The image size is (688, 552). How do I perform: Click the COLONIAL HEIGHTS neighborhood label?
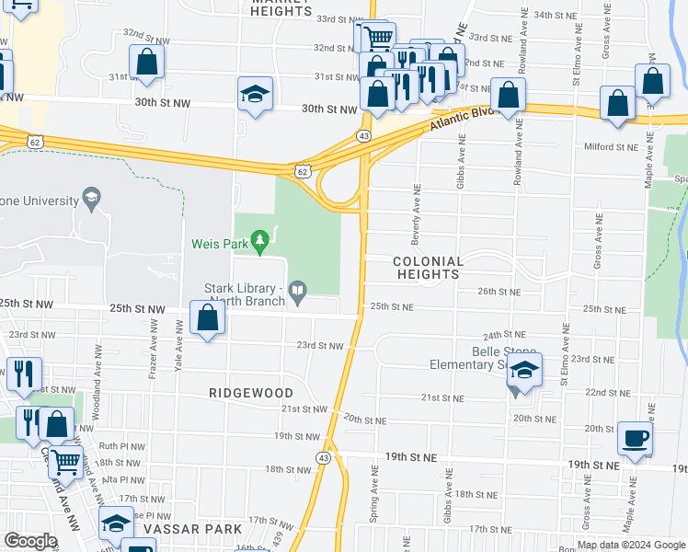[x=426, y=268]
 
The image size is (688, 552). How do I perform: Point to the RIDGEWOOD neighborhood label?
[x=250, y=393]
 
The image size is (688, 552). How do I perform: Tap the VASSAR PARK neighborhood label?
[x=199, y=530]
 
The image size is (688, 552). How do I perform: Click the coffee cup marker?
[x=634, y=438]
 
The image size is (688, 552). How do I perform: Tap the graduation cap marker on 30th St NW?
[x=255, y=93]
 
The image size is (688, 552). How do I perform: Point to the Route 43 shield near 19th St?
[x=323, y=457]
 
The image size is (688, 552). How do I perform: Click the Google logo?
[x=31, y=541]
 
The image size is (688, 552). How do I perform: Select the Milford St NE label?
[x=611, y=146]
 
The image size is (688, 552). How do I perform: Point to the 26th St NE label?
[x=499, y=292]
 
